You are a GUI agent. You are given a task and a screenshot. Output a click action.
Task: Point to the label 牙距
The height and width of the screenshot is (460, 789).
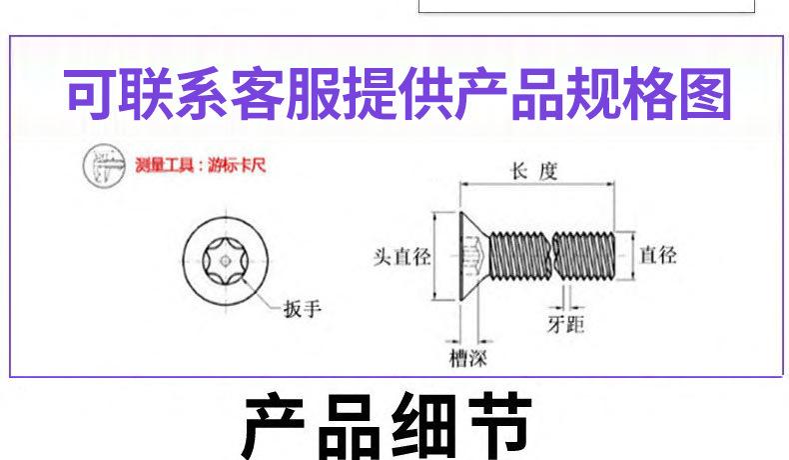(565, 325)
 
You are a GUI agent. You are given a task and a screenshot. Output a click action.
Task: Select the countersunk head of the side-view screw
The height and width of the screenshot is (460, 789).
(470, 258)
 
